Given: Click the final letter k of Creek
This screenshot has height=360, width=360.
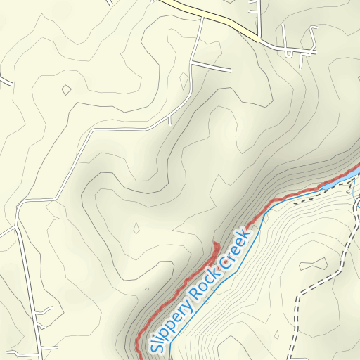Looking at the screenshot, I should pos(246,233).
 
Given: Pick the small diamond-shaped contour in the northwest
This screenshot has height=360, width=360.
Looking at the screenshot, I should pos(66,89).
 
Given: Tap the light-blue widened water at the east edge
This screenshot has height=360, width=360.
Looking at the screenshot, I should pos(356,172).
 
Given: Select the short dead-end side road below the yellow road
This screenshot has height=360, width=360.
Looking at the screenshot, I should pos(211,66).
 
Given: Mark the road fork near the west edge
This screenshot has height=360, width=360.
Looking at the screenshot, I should pos(17,205).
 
